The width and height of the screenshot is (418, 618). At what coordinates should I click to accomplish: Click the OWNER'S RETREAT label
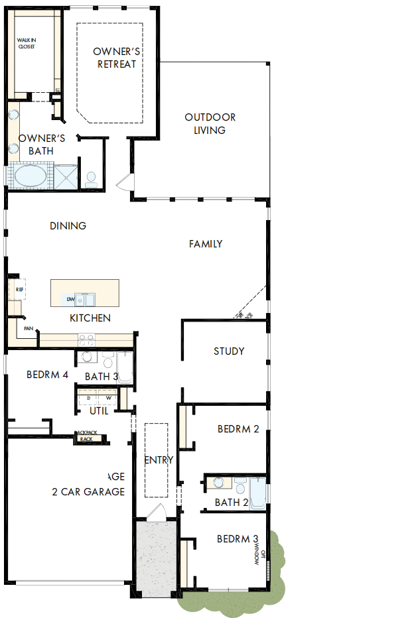click(x=116, y=58)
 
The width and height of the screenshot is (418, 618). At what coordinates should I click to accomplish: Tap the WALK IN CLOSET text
click(x=26, y=44)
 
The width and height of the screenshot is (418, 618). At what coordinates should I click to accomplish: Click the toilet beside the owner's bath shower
click(x=92, y=178)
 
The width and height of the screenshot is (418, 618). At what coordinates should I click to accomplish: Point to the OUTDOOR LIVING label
click(x=210, y=124)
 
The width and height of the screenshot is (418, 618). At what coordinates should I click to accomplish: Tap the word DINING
click(x=68, y=226)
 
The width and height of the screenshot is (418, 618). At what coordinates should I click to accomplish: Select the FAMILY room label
click(x=206, y=244)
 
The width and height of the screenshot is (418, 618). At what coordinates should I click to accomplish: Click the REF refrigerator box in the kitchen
click(x=19, y=290)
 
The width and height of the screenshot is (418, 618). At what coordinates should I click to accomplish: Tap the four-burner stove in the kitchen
click(x=86, y=340)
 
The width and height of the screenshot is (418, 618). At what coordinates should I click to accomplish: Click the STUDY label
click(x=229, y=351)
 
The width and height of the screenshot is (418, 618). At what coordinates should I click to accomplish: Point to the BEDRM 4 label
click(x=47, y=375)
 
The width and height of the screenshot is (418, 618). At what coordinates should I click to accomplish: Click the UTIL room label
click(x=99, y=410)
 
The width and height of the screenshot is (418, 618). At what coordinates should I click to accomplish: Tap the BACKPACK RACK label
click(x=86, y=436)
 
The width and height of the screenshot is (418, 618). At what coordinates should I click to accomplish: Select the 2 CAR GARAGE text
click(x=88, y=492)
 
